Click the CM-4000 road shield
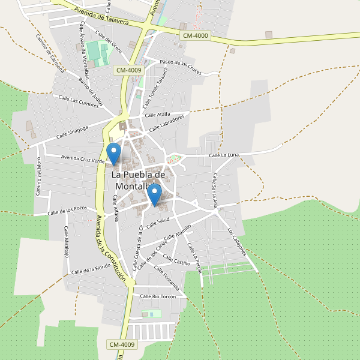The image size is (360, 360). pyautogui.click(x=196, y=36)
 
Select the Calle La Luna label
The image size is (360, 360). pyautogui.click(x=224, y=155)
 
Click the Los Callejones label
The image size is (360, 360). pyautogui.click(x=237, y=242)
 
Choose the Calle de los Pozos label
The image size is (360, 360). pyautogui.click(x=68, y=211)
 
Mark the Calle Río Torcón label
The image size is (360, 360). pyautogui.click(x=157, y=296)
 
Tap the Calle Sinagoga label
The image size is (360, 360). pyautogui.click(x=72, y=132)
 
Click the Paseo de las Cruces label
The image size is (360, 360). pyautogui.click(x=181, y=66)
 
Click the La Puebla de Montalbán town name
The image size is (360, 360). pyautogui.click(x=137, y=180)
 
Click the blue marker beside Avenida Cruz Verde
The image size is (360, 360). pyautogui.click(x=113, y=153)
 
